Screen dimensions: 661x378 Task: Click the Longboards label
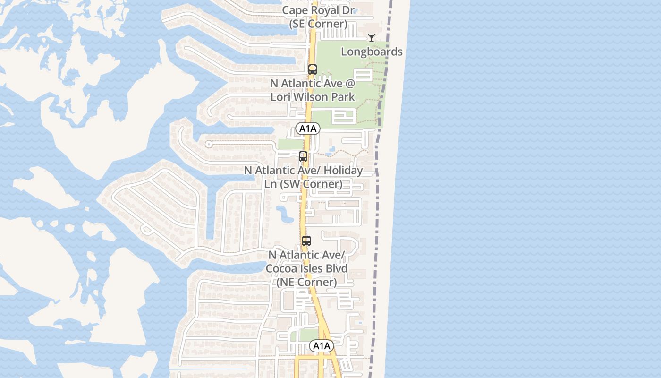click(372, 52)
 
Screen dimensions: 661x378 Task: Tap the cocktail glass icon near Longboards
click(372, 38)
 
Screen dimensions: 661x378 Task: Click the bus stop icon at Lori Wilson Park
click(312, 69)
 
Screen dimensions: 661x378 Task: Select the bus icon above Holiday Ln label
click(303, 156)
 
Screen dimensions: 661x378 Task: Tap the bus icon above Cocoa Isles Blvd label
click(306, 241)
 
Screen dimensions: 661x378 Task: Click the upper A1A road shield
click(308, 128)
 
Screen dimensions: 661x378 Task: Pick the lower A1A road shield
click(322, 346)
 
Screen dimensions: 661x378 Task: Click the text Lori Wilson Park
click(312, 97)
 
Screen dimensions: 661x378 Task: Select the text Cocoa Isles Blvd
click(306, 268)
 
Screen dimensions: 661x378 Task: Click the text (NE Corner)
click(306, 282)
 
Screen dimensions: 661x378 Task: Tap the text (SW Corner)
click(311, 184)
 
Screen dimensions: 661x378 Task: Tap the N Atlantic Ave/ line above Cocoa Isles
click(307, 255)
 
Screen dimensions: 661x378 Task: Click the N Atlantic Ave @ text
click(312, 83)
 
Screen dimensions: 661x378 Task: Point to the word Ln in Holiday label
click(271, 184)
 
